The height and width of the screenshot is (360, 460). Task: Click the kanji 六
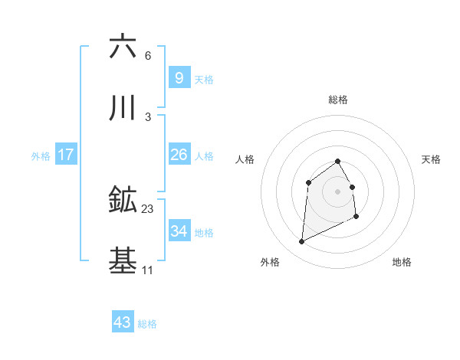[123, 47]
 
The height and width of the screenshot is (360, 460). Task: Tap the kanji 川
[123, 110]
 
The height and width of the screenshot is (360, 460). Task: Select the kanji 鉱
[123, 200]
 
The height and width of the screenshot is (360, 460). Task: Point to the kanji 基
[123, 261]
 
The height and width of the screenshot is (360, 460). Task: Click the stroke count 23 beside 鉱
[148, 208]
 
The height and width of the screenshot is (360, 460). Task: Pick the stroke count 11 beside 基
[148, 270]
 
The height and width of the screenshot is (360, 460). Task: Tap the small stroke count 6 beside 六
[148, 56]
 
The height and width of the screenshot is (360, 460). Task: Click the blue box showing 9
[179, 78]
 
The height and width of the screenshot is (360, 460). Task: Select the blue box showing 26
[179, 155]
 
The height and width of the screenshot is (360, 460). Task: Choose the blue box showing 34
[179, 231]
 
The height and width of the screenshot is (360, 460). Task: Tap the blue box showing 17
[65, 155]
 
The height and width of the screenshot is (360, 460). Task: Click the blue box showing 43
[122, 322]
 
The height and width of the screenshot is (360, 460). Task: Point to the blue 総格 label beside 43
[147, 324]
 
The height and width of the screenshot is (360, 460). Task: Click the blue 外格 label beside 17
[41, 156]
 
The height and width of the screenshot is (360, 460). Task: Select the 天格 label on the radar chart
[432, 159]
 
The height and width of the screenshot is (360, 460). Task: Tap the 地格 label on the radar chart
[402, 263]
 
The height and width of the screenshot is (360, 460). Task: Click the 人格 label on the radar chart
[245, 159]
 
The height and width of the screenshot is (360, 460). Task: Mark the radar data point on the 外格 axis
[301, 242]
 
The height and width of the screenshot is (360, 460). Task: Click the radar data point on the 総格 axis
[338, 161]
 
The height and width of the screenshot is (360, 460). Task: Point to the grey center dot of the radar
[338, 191]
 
